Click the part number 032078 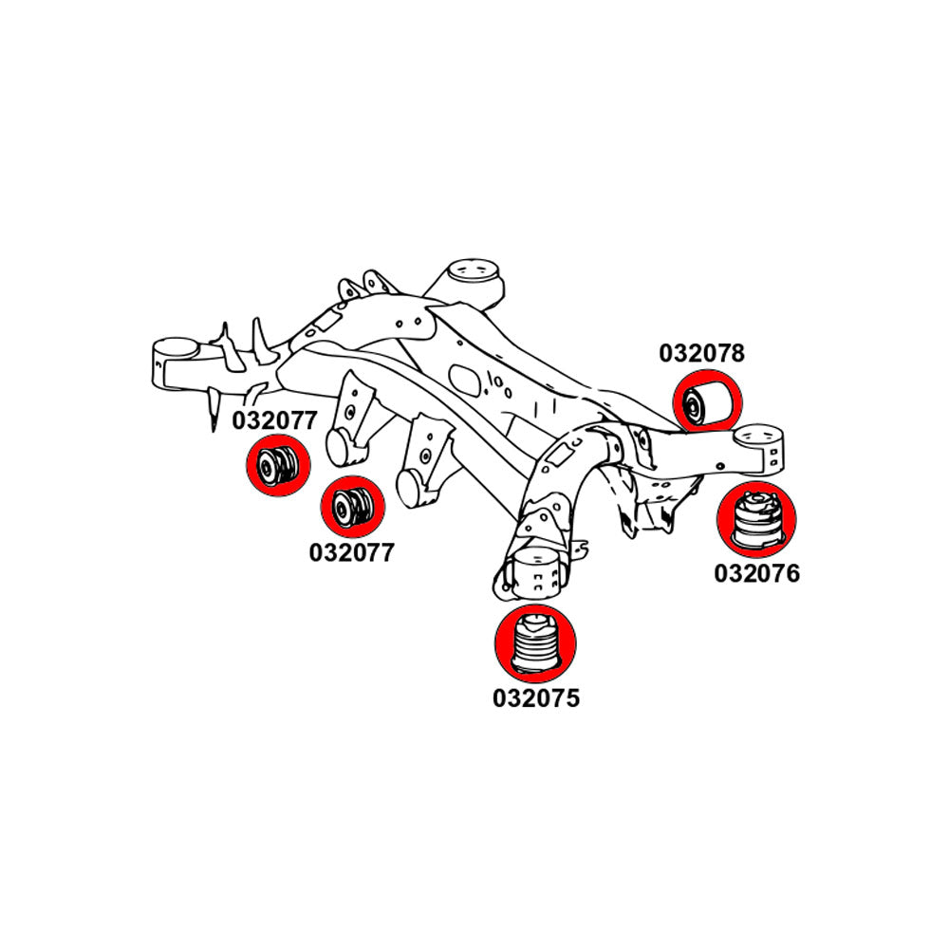click(702, 354)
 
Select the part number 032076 click(756, 573)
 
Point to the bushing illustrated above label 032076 click(756, 520)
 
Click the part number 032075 click(535, 698)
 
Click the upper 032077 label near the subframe click(275, 420)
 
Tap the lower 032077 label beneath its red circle click(350, 551)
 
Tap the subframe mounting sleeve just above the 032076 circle click(762, 448)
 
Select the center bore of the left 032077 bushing click(268, 465)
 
